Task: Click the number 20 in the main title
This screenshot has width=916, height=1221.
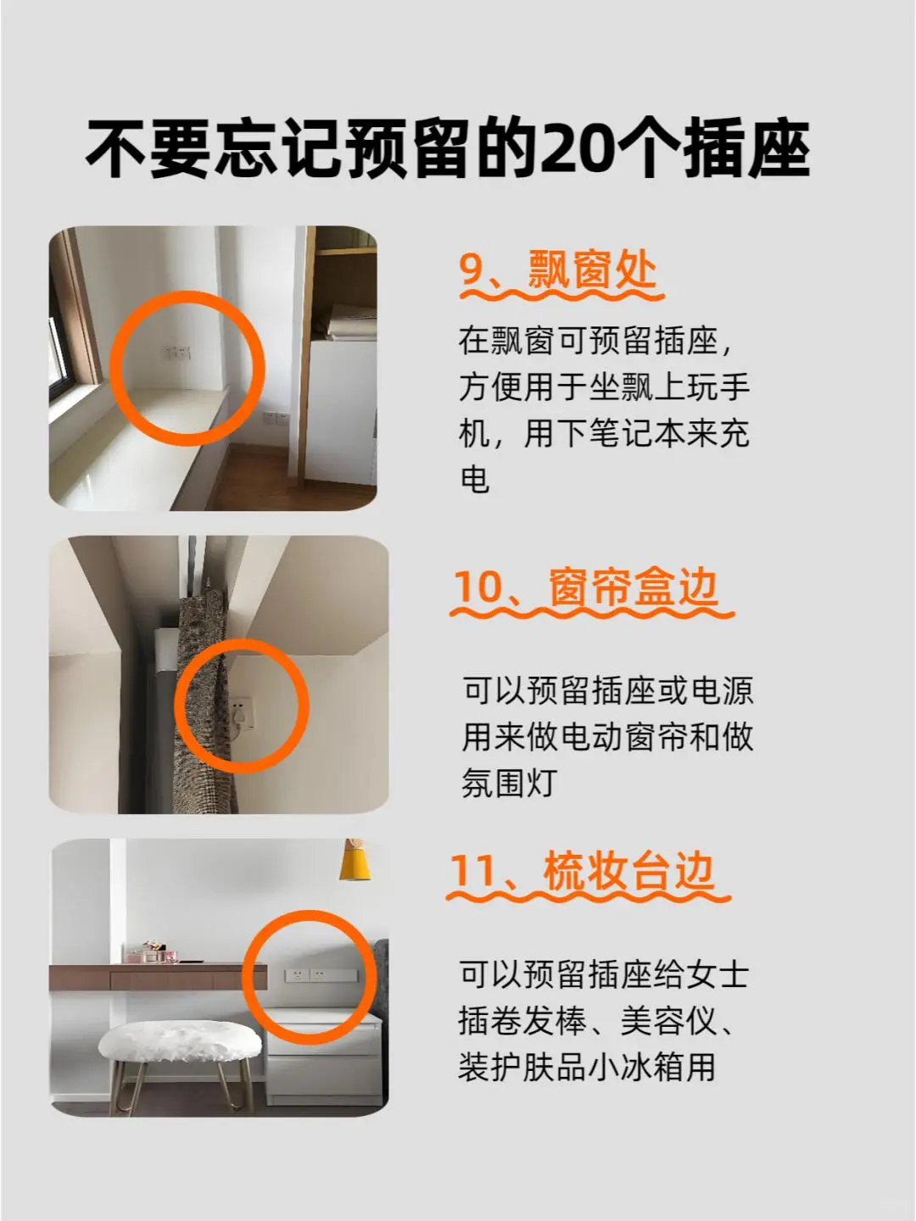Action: tap(574, 148)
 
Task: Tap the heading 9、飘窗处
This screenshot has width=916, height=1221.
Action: tap(558, 270)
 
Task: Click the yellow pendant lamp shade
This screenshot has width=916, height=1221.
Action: tap(355, 861)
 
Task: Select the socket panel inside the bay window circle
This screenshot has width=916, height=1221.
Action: tap(177, 352)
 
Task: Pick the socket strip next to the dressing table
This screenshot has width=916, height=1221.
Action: tap(321, 974)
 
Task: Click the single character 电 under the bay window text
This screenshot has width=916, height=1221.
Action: tap(474, 480)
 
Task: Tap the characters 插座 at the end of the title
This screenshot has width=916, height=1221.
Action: tap(746, 148)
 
